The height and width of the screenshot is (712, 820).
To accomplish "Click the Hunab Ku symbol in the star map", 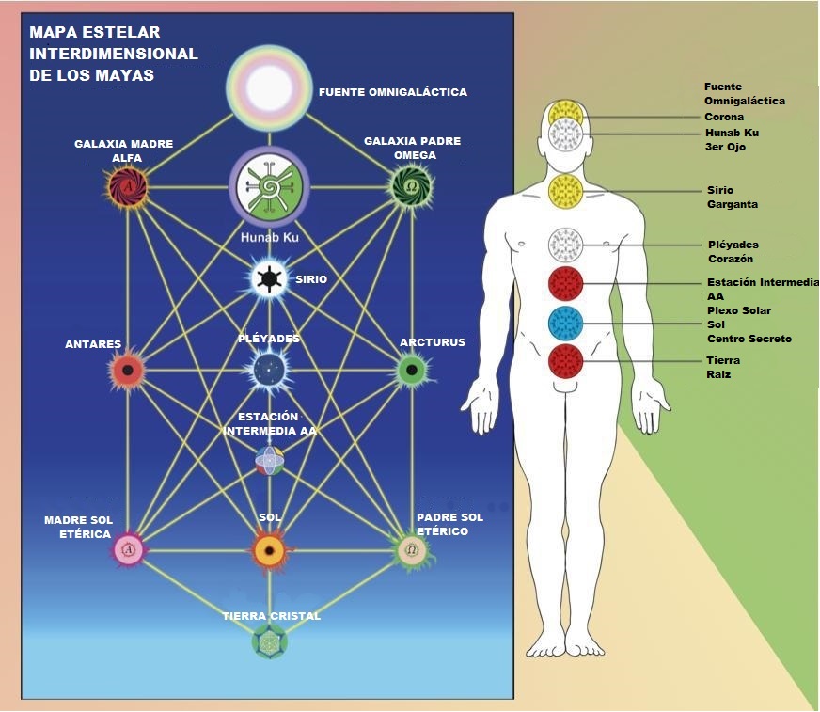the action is pyautogui.click(x=269, y=187).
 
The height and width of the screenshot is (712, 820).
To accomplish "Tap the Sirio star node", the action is pyautogui.click(x=269, y=278).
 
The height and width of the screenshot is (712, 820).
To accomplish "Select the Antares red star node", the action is pyautogui.click(x=128, y=371).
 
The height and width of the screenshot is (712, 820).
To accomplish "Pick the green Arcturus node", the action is pyautogui.click(x=412, y=371).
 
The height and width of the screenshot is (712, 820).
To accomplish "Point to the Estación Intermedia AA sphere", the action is pyautogui.click(x=269, y=460).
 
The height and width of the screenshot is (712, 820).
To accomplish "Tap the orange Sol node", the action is pyautogui.click(x=270, y=551).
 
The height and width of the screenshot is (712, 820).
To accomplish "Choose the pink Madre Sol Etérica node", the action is pyautogui.click(x=128, y=550).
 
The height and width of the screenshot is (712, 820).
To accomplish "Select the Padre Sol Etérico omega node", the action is pyautogui.click(x=412, y=550).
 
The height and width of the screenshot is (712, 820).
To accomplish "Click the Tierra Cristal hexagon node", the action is pyautogui.click(x=270, y=641).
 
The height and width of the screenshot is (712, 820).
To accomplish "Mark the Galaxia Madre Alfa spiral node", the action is pyautogui.click(x=128, y=186).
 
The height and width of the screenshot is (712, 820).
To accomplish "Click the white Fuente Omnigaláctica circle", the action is pyautogui.click(x=269, y=87).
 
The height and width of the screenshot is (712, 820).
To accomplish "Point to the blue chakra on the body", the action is pyautogui.click(x=565, y=324).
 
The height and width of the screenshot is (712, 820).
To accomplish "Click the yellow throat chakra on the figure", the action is pyautogui.click(x=565, y=191).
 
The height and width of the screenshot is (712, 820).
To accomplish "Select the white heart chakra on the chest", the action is pyautogui.click(x=565, y=245).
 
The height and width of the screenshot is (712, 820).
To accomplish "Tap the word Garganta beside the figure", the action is pyautogui.click(x=733, y=204).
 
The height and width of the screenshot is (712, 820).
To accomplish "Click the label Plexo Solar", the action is pyautogui.click(x=739, y=310).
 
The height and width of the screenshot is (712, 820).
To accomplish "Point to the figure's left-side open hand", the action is pyautogui.click(x=481, y=407).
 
